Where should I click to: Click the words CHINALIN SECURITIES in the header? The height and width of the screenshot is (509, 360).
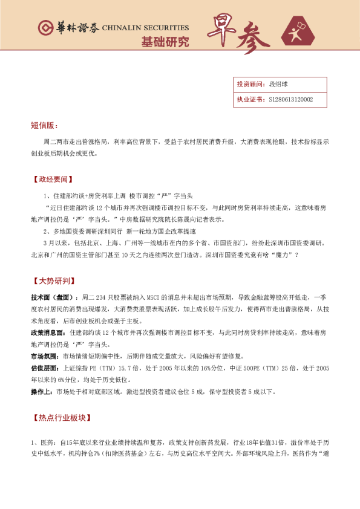coord(145,28)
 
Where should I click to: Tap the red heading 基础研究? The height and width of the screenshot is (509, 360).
coord(165,42)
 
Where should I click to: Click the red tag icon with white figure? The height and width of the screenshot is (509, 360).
coord(301,34)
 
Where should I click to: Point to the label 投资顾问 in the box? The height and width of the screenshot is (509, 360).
coord(249,85)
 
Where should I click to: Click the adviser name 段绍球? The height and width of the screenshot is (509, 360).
coord(278,85)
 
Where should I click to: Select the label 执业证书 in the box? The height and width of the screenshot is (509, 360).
coord(249,100)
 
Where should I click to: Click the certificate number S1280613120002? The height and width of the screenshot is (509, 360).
coord(291,100)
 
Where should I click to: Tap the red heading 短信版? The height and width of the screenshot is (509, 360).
coord(44,125)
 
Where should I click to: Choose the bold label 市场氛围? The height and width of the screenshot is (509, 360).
coord(45,356)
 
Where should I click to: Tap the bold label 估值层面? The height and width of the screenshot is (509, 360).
coord(45,368)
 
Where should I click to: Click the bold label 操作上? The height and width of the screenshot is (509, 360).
coord(42,391)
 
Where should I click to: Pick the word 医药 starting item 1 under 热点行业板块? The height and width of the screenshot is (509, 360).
coord(47,443)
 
